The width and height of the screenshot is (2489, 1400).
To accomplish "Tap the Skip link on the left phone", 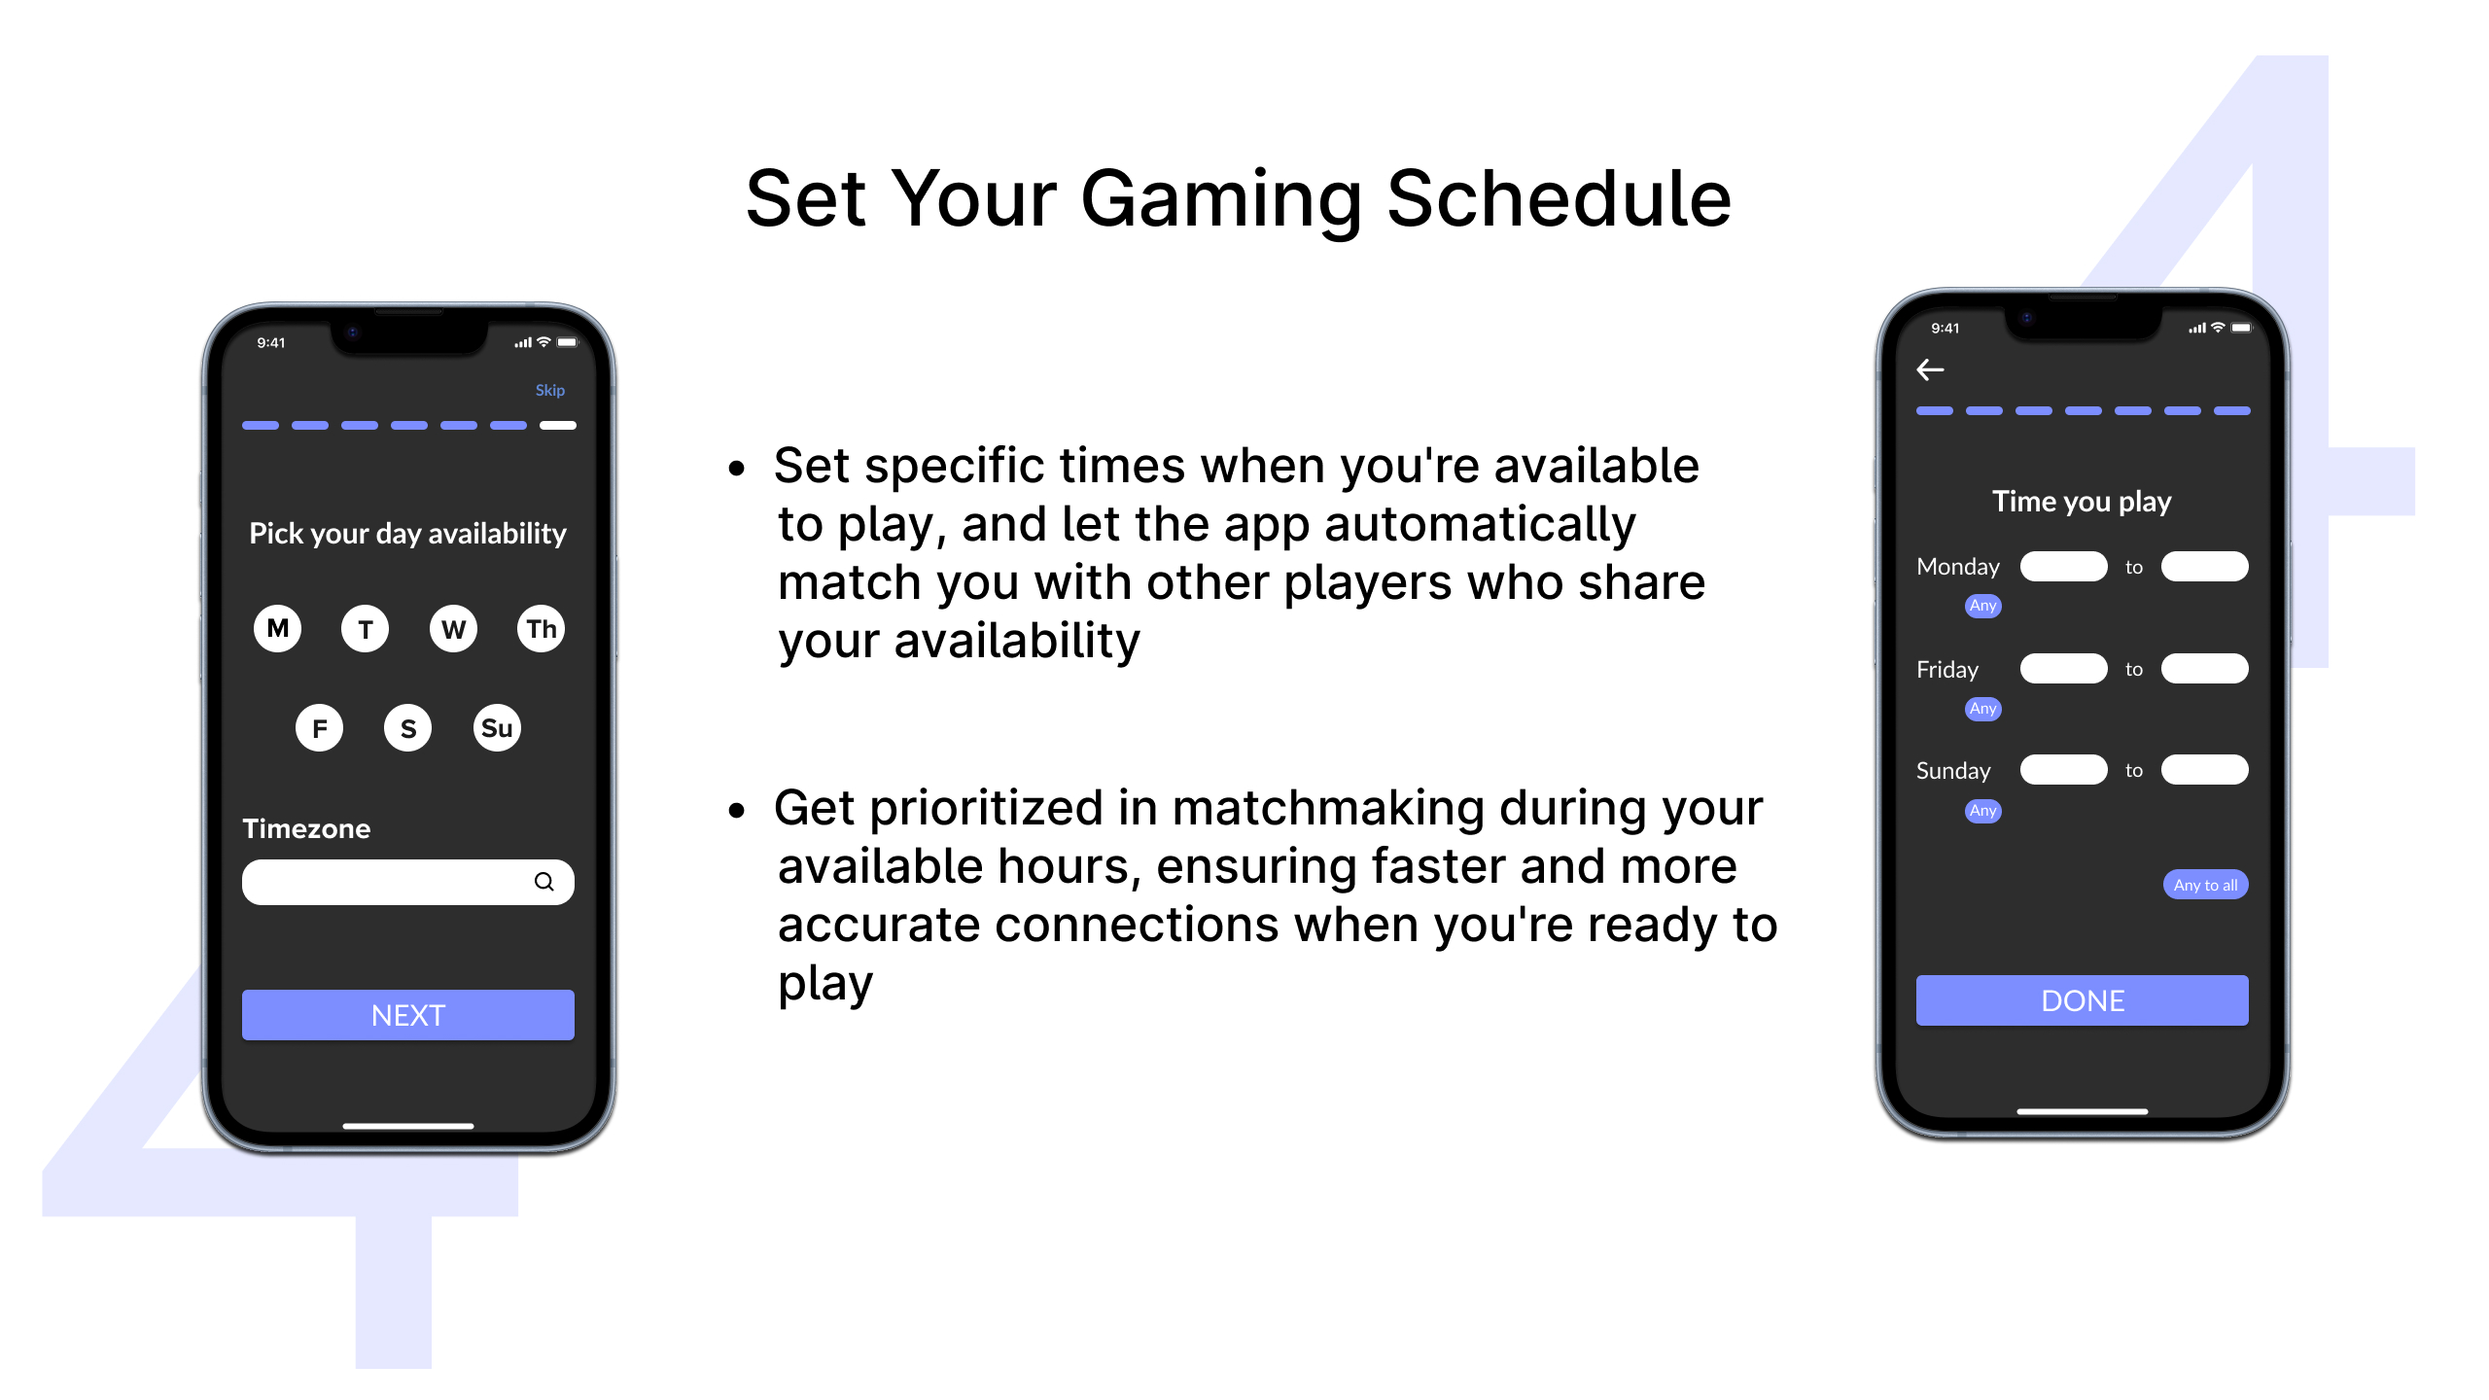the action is coord(549,390).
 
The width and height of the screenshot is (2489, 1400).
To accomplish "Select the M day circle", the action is coord(278,628).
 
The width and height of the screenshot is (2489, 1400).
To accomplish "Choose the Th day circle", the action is coord(542,628).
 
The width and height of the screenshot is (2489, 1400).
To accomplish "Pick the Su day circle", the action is coord(497,727).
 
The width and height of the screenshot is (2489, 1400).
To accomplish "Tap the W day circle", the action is coord(453,628).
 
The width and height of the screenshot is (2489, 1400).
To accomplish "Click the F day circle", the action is coord(320,727).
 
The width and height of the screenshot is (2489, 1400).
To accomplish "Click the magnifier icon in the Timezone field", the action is coord(544,882).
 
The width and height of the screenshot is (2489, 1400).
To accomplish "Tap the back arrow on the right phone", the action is coord(1930,369).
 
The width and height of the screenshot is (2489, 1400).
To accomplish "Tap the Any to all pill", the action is coord(2205,885).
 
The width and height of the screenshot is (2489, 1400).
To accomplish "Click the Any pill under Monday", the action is coord(1983,606).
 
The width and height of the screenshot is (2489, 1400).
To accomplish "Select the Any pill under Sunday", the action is coord(1983,811).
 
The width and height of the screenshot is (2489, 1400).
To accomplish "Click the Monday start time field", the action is coord(2063,567).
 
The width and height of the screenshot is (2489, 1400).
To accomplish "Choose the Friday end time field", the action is coord(2204,669).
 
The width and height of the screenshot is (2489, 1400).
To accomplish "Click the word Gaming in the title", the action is coord(1221,201).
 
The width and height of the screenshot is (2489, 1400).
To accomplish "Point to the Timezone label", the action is coord(306,828).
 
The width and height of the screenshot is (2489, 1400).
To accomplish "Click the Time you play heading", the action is coord(2082,502).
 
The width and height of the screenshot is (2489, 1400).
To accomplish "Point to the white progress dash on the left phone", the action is coord(558,425).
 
